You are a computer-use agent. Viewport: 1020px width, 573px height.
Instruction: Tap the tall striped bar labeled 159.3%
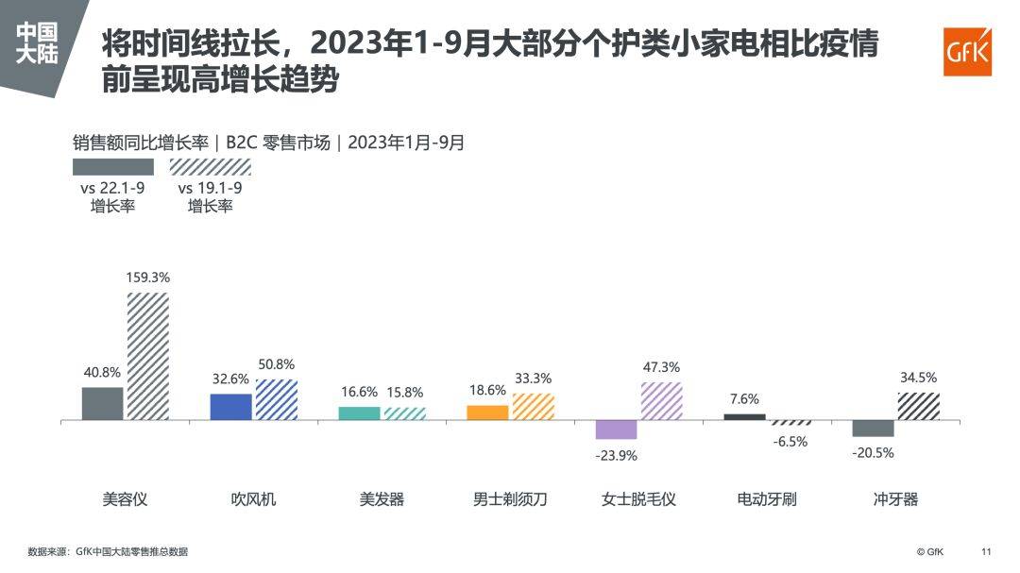(x=148, y=356)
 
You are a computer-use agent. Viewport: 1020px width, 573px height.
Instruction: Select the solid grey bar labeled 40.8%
(x=103, y=403)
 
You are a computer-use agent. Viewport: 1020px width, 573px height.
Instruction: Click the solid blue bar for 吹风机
(x=230, y=407)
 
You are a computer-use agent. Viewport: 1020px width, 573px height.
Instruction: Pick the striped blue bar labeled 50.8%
(x=277, y=399)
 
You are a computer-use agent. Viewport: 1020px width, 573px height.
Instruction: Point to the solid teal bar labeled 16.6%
(x=359, y=413)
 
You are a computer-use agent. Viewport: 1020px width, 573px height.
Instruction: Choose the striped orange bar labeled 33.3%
(x=534, y=407)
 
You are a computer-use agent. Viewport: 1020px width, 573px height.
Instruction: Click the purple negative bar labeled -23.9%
(x=616, y=430)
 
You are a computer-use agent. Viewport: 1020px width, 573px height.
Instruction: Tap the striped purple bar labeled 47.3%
(x=661, y=401)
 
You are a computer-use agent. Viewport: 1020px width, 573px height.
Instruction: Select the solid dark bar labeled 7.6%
(x=744, y=416)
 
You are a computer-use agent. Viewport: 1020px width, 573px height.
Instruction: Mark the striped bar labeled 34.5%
(x=918, y=406)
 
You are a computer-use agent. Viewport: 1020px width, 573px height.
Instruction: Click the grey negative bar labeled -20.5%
(x=873, y=429)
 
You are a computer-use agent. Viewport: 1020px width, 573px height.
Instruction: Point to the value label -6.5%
(x=790, y=441)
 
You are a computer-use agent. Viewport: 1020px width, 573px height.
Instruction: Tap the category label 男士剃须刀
(x=510, y=499)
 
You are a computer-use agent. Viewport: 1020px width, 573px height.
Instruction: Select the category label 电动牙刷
(x=767, y=499)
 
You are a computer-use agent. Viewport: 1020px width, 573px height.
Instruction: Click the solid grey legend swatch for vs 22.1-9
(x=113, y=167)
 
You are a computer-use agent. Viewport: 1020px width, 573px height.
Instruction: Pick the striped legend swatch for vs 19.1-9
(x=210, y=167)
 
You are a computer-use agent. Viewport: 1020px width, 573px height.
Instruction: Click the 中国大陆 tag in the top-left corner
(x=38, y=43)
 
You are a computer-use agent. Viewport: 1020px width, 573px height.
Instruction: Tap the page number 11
(x=987, y=551)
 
